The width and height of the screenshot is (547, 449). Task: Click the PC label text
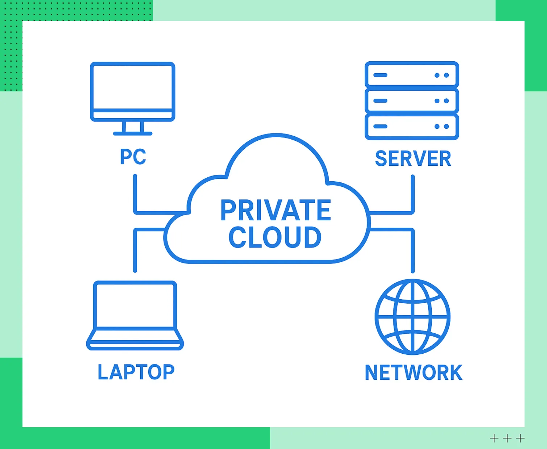tap(133, 157)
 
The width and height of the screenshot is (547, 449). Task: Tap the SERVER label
tap(413, 159)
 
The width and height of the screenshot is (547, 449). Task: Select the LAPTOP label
tap(136, 372)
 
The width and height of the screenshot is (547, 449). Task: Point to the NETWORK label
tap(413, 372)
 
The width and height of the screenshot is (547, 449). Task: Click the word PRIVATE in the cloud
tap(275, 210)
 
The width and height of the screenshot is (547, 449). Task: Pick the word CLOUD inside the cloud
tap(275, 238)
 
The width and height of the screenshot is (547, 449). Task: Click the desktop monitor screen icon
tap(133, 87)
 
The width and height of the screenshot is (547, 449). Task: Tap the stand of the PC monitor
tap(133, 129)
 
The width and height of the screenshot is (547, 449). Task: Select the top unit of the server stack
tap(412, 75)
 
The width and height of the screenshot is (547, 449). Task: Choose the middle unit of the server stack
tap(412, 101)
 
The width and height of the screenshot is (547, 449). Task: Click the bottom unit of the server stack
tap(412, 127)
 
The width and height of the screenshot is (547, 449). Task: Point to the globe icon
tap(413, 317)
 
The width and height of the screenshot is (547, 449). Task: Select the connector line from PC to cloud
tap(135, 203)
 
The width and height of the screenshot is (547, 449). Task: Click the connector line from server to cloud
tap(413, 203)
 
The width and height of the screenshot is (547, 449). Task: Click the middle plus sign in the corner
tap(507, 438)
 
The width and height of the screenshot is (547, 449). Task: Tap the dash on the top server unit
tap(380, 75)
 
